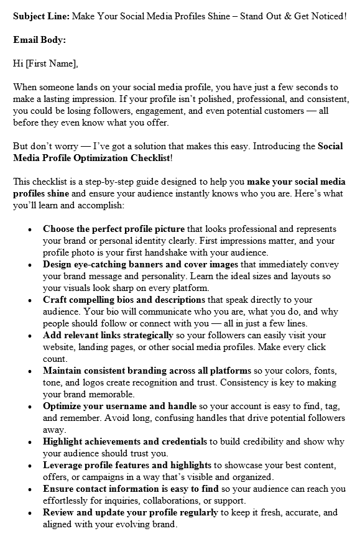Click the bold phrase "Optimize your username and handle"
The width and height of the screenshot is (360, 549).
point(119,406)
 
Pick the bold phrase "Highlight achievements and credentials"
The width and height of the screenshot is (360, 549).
point(125,441)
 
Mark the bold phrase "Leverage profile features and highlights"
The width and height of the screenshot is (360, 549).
point(127,465)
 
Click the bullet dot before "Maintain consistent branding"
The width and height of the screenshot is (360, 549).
point(30,371)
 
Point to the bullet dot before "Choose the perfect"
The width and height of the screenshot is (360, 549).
point(30,229)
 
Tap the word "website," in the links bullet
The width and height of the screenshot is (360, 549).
point(62,347)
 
